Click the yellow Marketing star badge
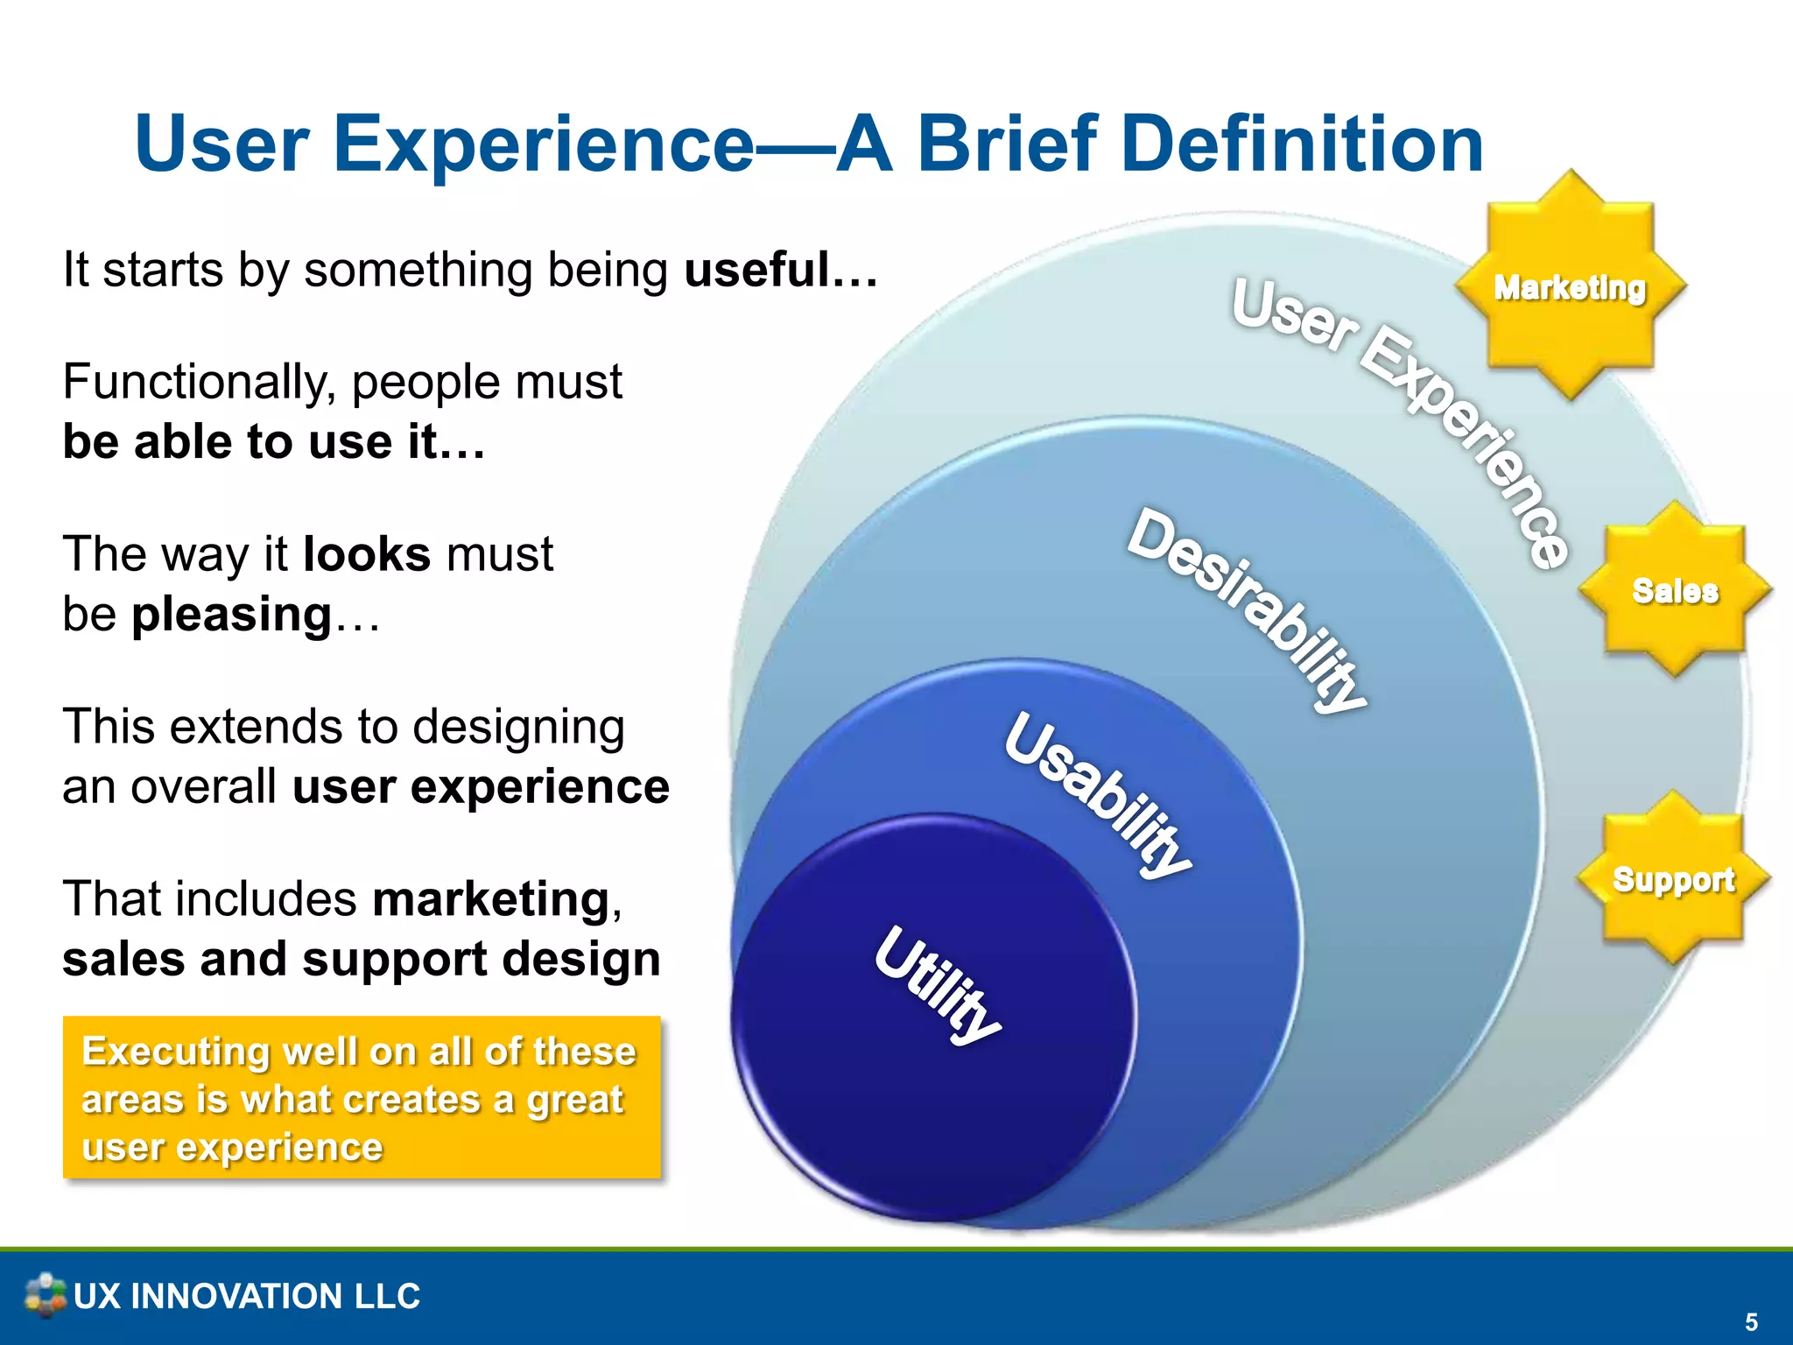1570,286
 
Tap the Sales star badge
1675,590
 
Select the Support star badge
1673,879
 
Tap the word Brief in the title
1007,144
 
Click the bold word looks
367,554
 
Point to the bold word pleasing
232,614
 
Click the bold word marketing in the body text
490,899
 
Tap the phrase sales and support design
361,959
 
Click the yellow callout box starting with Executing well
362,1097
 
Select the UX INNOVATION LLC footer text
247,1296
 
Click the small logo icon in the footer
45,1295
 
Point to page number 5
1751,1321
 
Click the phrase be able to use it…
273,441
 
